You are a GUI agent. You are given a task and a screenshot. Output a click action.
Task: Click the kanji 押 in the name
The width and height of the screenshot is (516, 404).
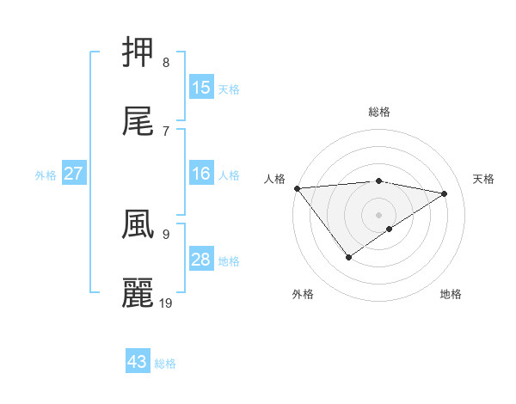(138, 52)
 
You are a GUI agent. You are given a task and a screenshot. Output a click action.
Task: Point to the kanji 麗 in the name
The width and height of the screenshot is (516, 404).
(138, 292)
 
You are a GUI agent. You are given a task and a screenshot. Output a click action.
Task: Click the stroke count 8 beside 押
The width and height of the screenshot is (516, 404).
(165, 63)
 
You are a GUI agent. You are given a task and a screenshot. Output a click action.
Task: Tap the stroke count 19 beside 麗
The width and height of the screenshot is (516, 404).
(167, 303)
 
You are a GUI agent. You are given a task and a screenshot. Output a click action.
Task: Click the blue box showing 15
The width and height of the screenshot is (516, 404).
(201, 88)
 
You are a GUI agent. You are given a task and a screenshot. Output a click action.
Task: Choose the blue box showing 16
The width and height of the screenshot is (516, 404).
(201, 174)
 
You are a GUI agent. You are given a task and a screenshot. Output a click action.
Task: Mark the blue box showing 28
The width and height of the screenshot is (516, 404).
(201, 260)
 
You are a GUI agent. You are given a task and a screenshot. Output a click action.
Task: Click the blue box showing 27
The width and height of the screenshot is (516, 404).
(74, 174)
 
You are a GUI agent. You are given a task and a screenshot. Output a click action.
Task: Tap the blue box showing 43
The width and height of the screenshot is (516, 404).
(138, 362)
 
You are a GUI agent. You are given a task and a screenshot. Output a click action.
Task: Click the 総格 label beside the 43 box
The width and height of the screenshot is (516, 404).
(165, 364)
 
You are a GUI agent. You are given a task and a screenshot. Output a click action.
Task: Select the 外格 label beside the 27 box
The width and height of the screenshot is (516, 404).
(46, 175)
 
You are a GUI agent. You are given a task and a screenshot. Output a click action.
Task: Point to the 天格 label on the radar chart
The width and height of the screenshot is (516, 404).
(483, 179)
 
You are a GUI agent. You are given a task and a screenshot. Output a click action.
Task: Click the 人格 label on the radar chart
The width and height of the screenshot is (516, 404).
(274, 179)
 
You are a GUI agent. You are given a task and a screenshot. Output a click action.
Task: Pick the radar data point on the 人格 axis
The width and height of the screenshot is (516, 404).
(297, 188)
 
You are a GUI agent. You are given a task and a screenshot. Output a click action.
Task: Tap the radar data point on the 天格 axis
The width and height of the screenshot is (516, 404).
(445, 193)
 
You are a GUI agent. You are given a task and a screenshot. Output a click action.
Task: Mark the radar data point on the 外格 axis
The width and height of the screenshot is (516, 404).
(348, 256)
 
